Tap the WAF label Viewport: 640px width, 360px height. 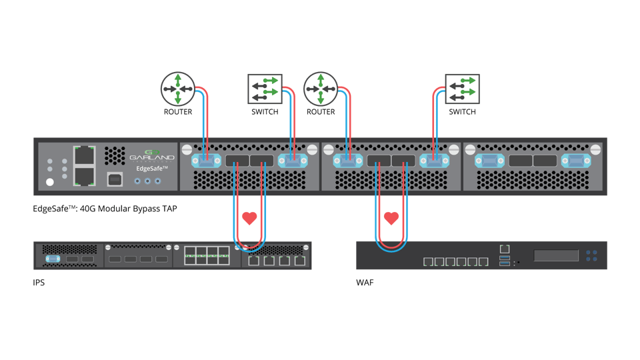tap(365, 283)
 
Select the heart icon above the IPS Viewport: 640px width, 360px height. tap(249, 217)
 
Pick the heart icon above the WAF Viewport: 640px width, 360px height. tap(392, 217)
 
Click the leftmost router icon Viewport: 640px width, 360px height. tap(177, 89)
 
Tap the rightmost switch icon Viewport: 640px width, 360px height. tap(462, 89)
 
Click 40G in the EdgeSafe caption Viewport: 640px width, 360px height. tap(86, 209)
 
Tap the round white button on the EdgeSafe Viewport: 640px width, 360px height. tap(49, 181)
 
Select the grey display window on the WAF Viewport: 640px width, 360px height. tap(555, 255)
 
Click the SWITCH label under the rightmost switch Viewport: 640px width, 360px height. tap(462, 112)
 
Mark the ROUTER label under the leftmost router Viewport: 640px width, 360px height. tap(177, 112)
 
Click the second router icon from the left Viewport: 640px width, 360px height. tap(321, 89)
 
